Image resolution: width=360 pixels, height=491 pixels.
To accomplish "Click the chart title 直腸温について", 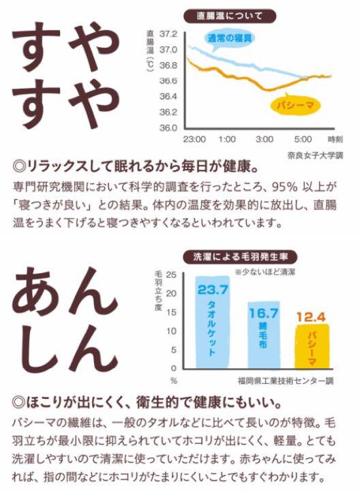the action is coord(230,16).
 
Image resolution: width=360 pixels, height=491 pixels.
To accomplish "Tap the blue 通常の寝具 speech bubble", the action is coord(230,39).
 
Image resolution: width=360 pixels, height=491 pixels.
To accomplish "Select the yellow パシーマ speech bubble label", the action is coord(295,106).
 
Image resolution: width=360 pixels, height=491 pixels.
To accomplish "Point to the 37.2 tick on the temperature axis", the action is coord(168,34).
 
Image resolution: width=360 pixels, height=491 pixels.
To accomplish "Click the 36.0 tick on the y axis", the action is coord(168,128).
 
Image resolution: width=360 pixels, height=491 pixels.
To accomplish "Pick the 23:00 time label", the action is coord(194,139).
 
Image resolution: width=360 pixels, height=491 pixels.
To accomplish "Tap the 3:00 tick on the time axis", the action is coord(264,139).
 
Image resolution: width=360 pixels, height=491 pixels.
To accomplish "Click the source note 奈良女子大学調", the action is coord(315,155).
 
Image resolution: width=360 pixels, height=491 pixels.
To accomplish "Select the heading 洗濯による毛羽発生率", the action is coord(240,257).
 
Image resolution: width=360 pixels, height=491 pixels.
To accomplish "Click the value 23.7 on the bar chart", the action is coord(213,290).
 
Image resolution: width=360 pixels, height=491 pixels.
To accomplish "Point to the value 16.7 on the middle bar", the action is coord(264,313).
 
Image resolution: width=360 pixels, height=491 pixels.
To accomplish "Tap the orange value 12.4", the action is coord(311,317).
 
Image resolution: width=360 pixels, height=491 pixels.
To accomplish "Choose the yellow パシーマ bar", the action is coord(312,346).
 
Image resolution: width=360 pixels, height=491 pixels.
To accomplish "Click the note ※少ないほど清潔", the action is coord(265,272).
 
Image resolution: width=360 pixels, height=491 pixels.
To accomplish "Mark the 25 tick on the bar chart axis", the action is coord(171,275).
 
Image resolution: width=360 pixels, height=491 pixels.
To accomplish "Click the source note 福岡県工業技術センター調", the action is coord(286,381).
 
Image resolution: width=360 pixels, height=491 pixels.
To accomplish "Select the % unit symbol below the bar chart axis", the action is coord(174,381).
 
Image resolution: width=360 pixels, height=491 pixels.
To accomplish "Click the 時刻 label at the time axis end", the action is coord(335,139).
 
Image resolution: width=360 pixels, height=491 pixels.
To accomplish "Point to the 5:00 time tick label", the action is coord(303,139).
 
